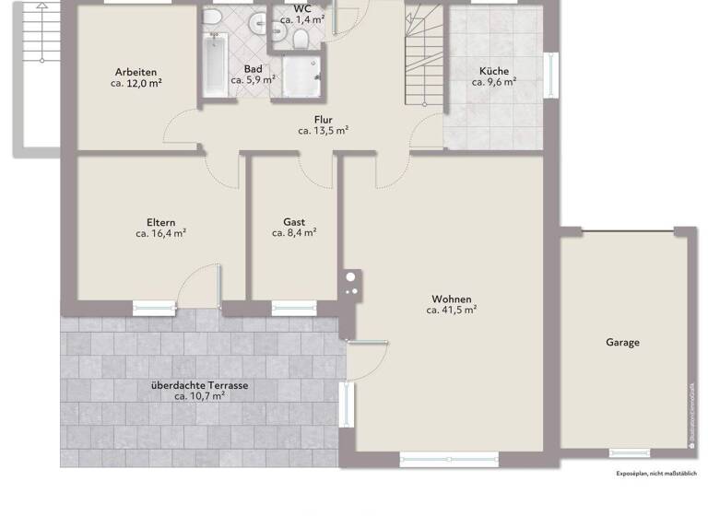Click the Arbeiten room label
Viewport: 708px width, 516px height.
pyautogui.click(x=136, y=72)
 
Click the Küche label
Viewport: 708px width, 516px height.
pyautogui.click(x=494, y=71)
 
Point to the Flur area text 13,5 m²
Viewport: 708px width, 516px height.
pyautogui.click(x=322, y=131)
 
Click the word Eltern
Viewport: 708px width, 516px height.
pyautogui.click(x=160, y=222)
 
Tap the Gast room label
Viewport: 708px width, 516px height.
pyautogui.click(x=294, y=222)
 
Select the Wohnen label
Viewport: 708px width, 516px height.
pyautogui.click(x=451, y=299)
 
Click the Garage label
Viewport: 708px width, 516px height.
pyautogui.click(x=622, y=342)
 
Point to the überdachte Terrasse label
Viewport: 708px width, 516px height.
pyautogui.click(x=199, y=385)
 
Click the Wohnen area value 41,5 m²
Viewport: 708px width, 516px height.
pyautogui.click(x=451, y=311)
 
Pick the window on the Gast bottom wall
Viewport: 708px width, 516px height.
pyautogui.click(x=292, y=307)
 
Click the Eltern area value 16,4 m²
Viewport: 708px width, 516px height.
pyautogui.click(x=160, y=234)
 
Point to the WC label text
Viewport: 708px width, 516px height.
pyautogui.click(x=302, y=7)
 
